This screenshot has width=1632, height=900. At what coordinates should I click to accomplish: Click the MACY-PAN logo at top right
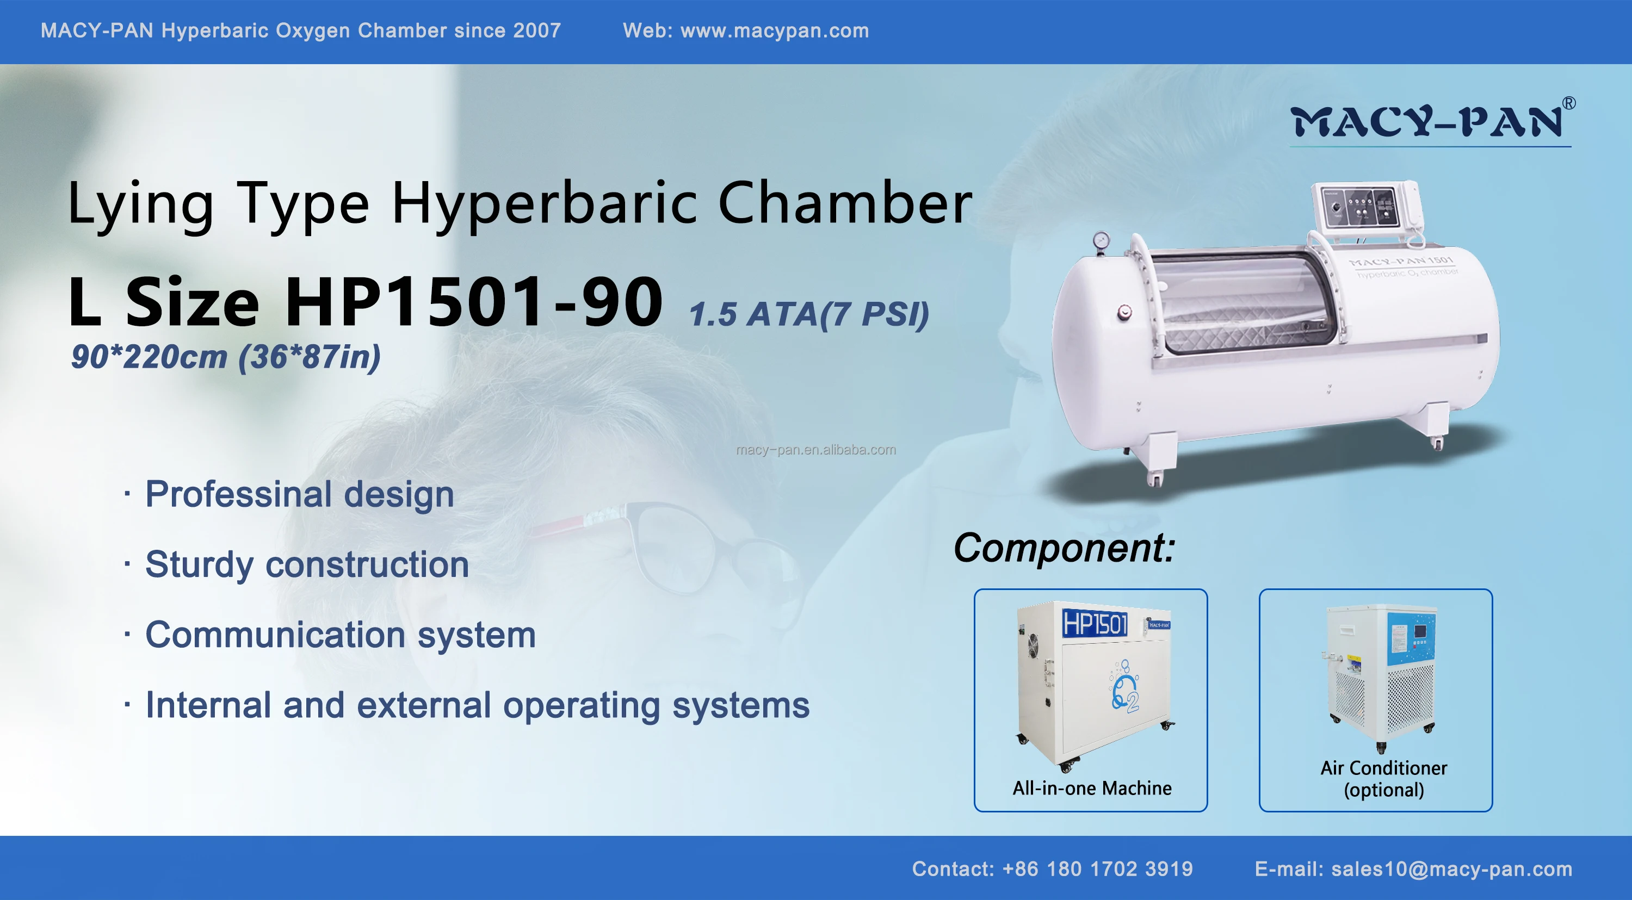pyautogui.click(x=1429, y=122)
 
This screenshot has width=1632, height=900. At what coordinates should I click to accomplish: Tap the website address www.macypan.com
pyautogui.click(x=774, y=30)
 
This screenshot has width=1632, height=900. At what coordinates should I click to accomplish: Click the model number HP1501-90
pyautogui.click(x=473, y=302)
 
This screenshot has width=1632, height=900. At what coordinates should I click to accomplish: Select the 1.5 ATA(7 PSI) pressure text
pyautogui.click(x=809, y=314)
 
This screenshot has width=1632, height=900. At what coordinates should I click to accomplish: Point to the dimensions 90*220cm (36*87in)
pyautogui.click(x=226, y=357)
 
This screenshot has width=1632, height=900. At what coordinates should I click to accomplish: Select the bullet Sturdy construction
pyautogui.click(x=307, y=564)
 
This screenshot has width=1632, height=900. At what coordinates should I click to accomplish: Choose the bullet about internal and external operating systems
pyautogui.click(x=477, y=705)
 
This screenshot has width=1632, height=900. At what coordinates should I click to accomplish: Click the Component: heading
pyautogui.click(x=1065, y=548)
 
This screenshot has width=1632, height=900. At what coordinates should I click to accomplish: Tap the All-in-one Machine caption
pyautogui.click(x=1092, y=788)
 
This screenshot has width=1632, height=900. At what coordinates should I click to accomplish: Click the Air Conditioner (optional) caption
pyautogui.click(x=1383, y=778)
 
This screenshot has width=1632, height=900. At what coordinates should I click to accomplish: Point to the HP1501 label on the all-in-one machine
pyautogui.click(x=1095, y=624)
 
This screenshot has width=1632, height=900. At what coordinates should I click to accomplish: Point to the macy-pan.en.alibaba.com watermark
pyautogui.click(x=816, y=450)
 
